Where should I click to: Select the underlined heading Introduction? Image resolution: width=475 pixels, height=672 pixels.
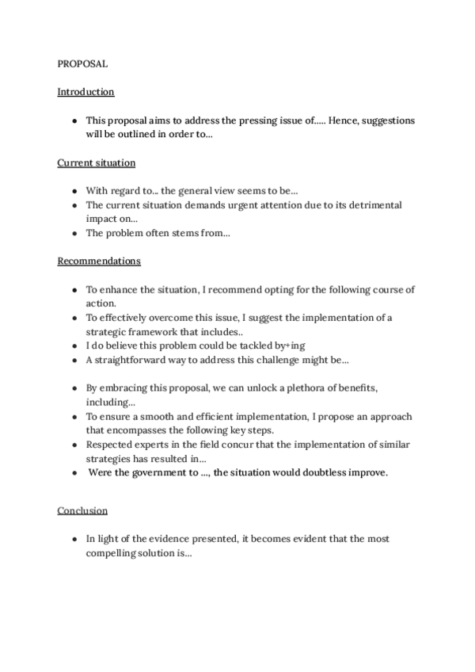85,92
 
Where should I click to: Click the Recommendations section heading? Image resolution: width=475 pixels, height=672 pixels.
99,261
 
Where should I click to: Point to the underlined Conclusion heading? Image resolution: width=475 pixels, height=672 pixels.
82,510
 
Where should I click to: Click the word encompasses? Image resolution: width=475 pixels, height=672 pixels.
135,430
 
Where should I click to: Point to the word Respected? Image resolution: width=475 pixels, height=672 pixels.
110,445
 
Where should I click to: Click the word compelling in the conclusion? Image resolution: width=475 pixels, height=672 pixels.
117,553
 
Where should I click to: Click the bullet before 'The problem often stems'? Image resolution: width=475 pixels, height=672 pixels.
74,233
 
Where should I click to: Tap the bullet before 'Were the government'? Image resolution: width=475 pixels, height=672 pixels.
74,473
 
